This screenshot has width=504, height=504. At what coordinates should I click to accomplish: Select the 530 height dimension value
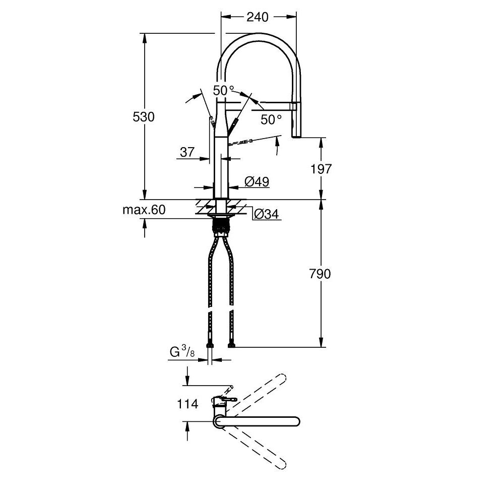[x=144, y=117]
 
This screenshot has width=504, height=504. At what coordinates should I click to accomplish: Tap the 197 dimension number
[x=321, y=169]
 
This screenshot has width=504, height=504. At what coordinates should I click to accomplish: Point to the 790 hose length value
[x=321, y=274]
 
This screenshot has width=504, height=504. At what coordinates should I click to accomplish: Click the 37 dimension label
[x=187, y=152]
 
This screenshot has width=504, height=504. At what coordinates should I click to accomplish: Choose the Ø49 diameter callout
[x=257, y=181]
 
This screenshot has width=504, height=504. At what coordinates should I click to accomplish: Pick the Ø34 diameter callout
[x=265, y=214]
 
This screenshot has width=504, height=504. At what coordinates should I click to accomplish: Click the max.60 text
[x=144, y=210]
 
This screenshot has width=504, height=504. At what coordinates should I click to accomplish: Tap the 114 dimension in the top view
[x=187, y=404]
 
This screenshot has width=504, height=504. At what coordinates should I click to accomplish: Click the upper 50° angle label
[x=224, y=91]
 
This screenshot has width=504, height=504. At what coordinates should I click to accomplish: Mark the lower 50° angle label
[x=271, y=119]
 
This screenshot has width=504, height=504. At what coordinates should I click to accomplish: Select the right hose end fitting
[x=231, y=346]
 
